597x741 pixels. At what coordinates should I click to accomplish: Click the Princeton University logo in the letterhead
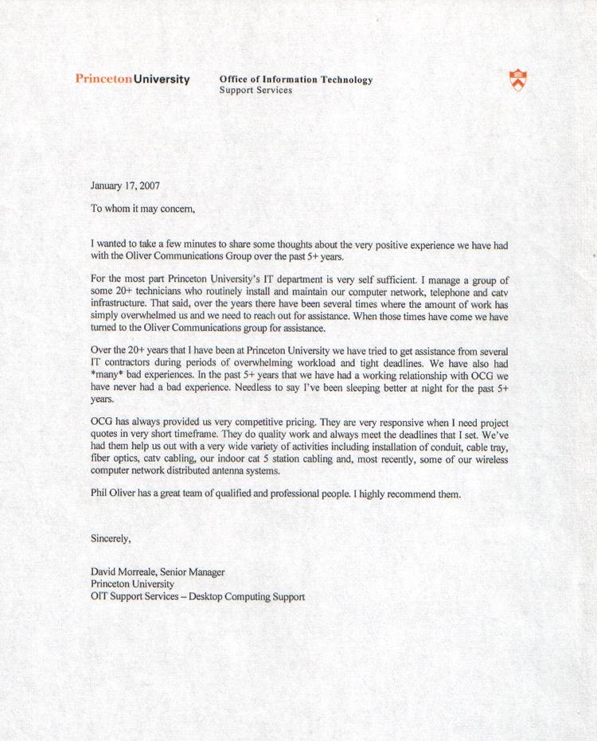click(132, 79)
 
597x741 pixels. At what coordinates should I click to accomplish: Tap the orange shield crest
click(517, 80)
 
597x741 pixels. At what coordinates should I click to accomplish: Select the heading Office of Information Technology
click(295, 80)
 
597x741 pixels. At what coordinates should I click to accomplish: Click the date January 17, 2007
click(125, 186)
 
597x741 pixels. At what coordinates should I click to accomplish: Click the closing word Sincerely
click(111, 539)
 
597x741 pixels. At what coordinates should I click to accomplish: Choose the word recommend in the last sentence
click(410, 494)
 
